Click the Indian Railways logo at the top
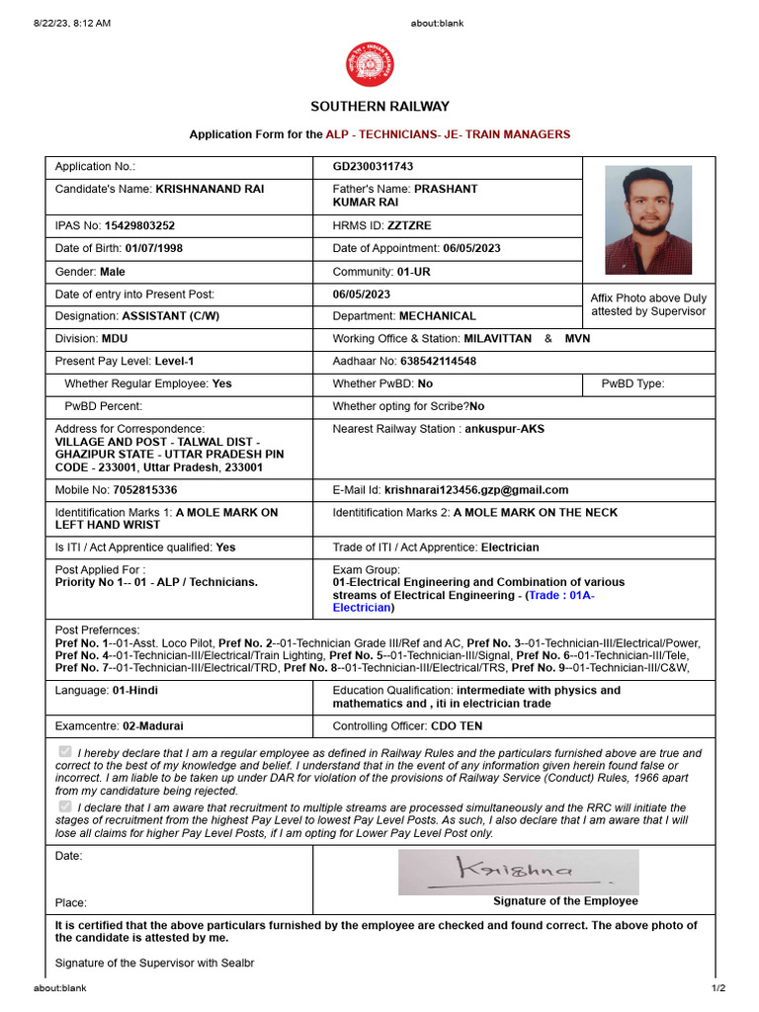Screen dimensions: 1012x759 point(369,64)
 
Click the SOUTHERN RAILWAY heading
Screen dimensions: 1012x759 point(379,107)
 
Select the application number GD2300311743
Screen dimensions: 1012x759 point(373,166)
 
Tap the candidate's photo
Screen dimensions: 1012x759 point(647,219)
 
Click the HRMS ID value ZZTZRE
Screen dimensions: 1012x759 point(409,225)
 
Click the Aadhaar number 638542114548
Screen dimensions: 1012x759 point(433,362)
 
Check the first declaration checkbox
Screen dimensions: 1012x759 point(65,752)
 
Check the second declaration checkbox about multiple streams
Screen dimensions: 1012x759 point(65,806)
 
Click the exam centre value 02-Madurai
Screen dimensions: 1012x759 point(153,725)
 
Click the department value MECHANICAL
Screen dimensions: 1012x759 point(437,316)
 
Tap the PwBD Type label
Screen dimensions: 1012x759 point(632,383)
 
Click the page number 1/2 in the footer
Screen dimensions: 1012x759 point(717,987)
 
